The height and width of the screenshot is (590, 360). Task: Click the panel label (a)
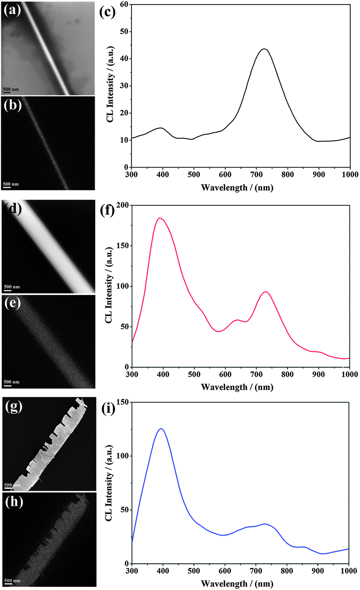coord(12,10)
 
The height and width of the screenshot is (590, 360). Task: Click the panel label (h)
coord(14,501)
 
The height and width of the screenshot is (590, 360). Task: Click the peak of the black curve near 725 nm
coord(264,49)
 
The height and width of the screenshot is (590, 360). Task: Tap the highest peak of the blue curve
coord(161,429)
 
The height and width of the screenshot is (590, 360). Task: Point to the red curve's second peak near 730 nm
coord(266,292)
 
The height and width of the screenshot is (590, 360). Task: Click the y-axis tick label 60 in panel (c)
coord(124,4)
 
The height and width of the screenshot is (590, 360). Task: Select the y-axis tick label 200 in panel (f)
coord(122,205)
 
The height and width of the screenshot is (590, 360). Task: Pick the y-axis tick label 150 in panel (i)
coord(122,402)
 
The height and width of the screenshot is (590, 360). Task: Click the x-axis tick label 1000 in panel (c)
coord(350,174)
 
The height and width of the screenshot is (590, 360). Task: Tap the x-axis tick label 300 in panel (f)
coord(132,374)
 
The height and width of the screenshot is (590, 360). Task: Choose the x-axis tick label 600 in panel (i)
coord(224,571)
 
